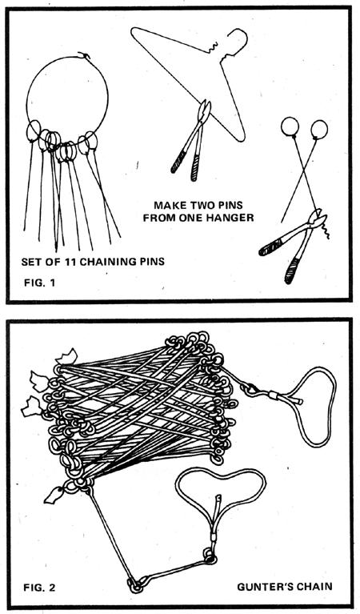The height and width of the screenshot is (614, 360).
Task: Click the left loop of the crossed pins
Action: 290,127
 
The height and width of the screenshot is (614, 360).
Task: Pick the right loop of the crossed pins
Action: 318,128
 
